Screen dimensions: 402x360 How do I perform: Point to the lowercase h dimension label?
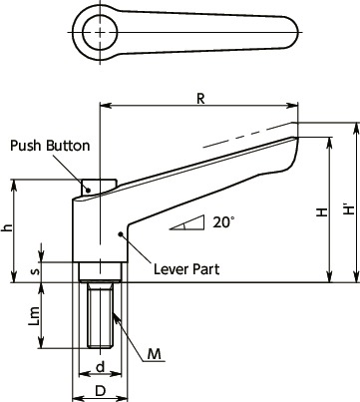coord(9,228)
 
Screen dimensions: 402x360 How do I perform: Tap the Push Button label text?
coord(50,146)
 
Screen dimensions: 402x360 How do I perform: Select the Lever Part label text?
coord(186,268)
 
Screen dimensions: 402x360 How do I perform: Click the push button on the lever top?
coord(97,185)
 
